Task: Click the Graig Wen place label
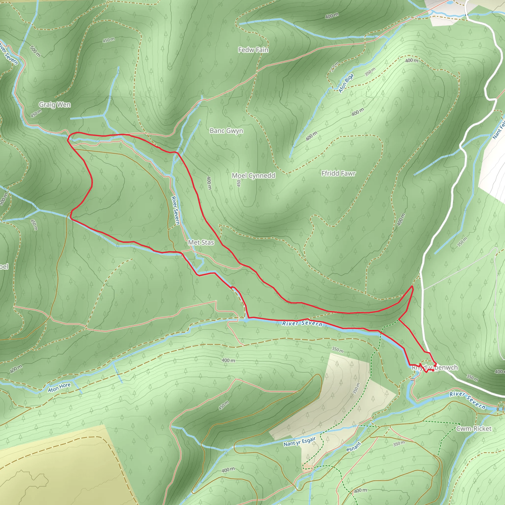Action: (55, 105)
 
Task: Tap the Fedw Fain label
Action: (253, 50)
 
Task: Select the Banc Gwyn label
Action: (226, 131)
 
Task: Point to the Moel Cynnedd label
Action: (253, 175)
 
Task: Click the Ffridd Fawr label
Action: (339, 173)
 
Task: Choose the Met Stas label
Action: (201, 243)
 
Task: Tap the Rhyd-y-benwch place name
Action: (435, 367)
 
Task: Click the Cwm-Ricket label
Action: (474, 429)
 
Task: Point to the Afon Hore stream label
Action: (59, 387)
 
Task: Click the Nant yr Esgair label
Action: (300, 441)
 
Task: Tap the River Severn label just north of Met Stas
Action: (175, 210)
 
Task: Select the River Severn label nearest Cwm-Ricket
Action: (467, 400)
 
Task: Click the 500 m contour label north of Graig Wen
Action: (35, 51)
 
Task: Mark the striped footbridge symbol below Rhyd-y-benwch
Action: (413, 379)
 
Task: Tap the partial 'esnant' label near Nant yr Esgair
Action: (354, 447)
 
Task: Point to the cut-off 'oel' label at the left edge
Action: (4, 267)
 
